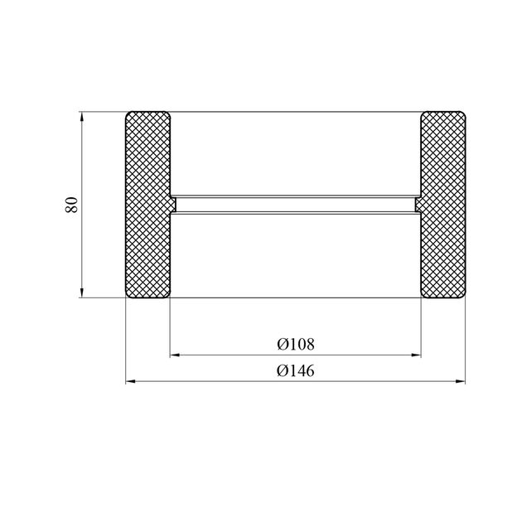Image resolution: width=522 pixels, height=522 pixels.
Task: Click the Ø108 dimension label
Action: [296, 344]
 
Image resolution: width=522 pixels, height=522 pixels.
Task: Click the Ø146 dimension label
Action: [296, 370]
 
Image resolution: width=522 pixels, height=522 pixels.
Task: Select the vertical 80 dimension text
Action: [71, 205]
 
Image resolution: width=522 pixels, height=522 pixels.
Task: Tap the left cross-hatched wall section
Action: [147, 205]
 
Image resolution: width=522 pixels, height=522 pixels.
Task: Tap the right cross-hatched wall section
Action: [443, 205]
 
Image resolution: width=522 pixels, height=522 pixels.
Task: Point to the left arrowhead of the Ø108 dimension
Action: [175, 355]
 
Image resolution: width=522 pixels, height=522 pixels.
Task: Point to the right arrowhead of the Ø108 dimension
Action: [416, 355]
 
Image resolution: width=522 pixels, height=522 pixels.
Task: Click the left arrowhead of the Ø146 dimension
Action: [130, 381]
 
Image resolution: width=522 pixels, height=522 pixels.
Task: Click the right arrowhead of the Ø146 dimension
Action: [461, 381]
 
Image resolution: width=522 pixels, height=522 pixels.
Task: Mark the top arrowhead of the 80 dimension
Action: [81, 117]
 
